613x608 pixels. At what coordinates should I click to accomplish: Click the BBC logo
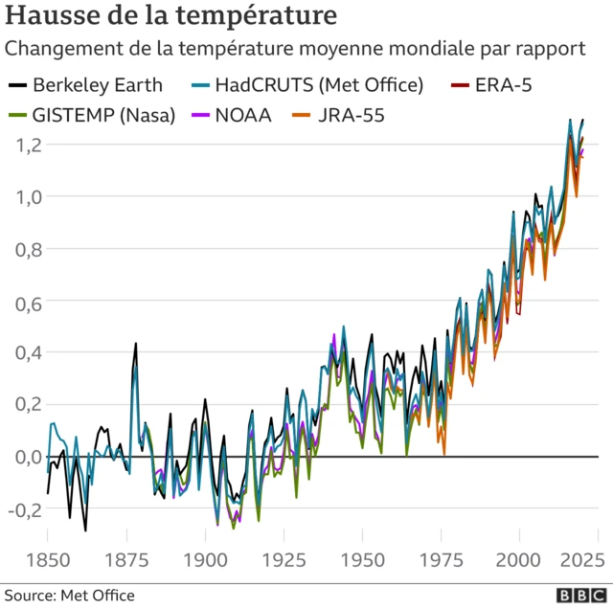(x=577, y=596)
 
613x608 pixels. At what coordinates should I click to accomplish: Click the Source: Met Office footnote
(x=68, y=596)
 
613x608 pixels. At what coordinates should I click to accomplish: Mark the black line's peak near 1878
(x=136, y=343)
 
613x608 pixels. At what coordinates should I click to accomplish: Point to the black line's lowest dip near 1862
(x=85, y=529)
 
